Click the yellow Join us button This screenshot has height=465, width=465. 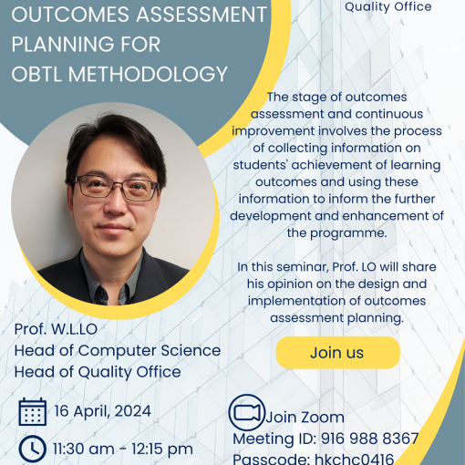[337, 353]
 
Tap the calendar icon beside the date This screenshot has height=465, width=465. [33, 411]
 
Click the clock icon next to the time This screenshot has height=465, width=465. [33, 449]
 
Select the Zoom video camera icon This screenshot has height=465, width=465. [246, 412]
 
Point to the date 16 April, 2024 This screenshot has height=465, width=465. [103, 411]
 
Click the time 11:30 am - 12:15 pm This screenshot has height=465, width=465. [123, 449]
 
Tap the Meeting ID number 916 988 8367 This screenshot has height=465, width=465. [370, 439]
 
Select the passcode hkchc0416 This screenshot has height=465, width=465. [354, 459]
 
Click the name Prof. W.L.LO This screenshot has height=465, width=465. [56, 329]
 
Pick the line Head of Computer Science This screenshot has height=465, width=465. [118, 350]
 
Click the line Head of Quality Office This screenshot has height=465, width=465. [98, 372]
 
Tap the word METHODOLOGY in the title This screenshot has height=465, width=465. [148, 74]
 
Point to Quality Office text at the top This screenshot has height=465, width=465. [388, 6]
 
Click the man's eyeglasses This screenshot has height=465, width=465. [116, 188]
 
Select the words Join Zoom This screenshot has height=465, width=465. [305, 417]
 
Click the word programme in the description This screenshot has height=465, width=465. [348, 233]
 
